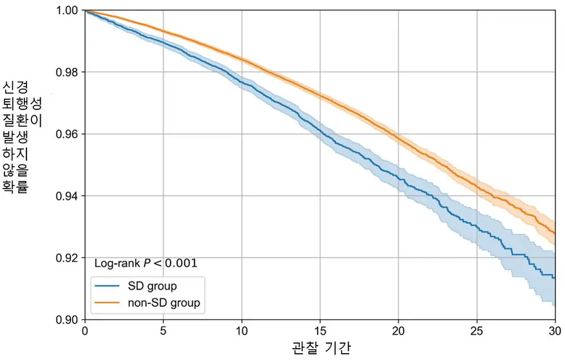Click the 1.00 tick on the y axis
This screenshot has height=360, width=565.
click(68, 11)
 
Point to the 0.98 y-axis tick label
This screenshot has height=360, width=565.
click(68, 72)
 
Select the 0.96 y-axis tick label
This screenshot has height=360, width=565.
click(68, 134)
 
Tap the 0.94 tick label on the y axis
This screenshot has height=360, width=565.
click(68, 196)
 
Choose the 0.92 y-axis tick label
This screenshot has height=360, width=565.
click(68, 258)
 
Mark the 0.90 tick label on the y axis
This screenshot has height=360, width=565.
click(68, 320)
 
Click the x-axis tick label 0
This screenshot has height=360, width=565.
click(85, 331)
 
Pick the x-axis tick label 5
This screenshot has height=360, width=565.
click(163, 331)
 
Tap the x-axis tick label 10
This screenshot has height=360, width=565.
click(242, 331)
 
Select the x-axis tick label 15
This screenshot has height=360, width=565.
click(320, 331)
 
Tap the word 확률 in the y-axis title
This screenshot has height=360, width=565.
click(16, 187)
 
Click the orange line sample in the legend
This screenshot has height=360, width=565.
click(109, 303)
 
